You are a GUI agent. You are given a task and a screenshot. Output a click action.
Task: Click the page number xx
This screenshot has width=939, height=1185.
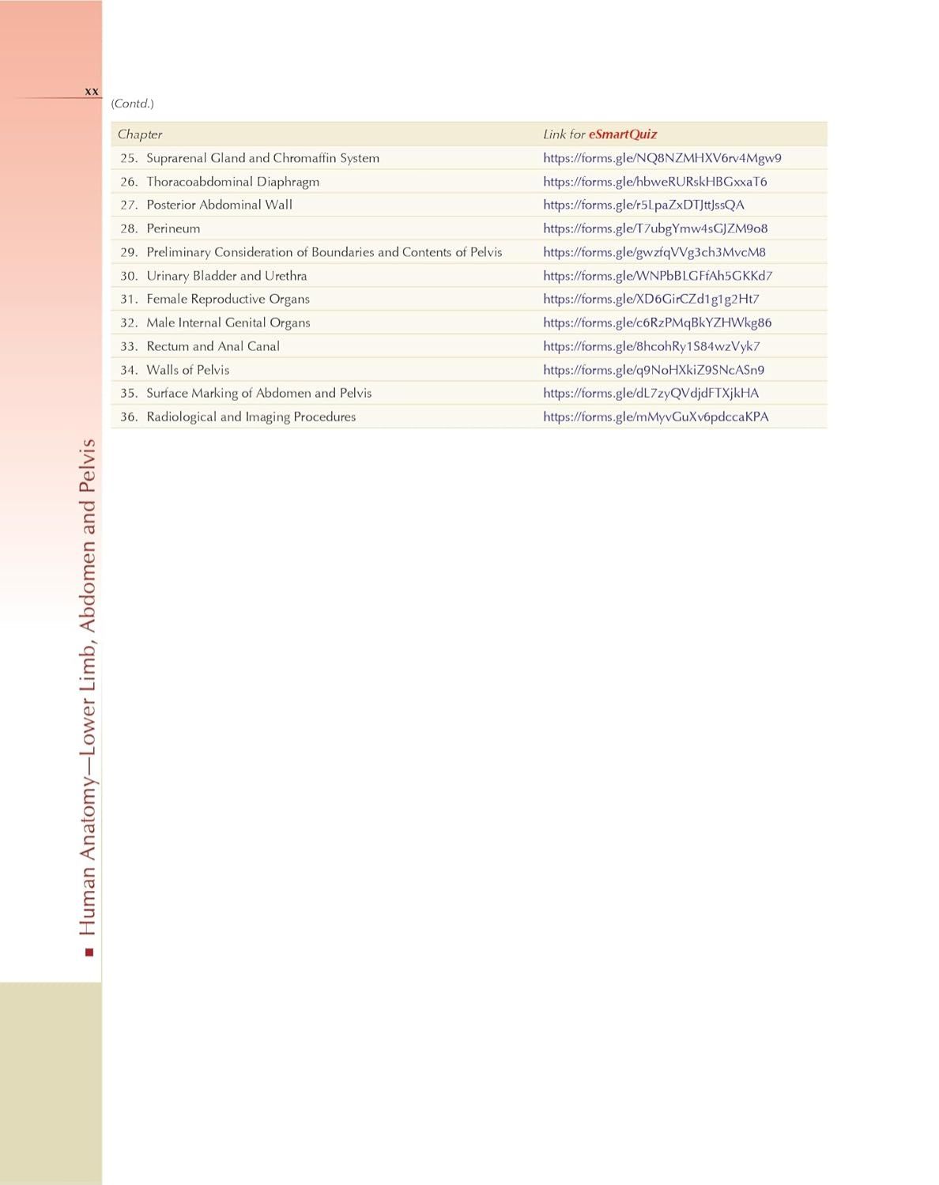click(x=92, y=92)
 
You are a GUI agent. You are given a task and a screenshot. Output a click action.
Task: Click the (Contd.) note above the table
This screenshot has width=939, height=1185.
click(x=132, y=104)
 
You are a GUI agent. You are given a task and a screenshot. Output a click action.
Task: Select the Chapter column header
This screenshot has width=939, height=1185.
click(x=140, y=134)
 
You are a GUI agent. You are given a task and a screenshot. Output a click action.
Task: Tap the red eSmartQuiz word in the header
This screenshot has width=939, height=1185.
click(x=622, y=134)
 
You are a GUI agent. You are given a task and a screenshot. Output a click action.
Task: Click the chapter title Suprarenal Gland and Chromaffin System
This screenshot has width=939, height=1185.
click(x=262, y=158)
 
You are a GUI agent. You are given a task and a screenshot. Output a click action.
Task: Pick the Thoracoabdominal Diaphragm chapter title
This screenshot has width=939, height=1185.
click(x=232, y=182)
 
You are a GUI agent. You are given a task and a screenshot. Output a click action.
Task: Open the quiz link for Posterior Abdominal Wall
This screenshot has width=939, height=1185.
click(x=643, y=205)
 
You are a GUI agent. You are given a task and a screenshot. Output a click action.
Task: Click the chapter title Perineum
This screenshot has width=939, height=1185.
click(x=173, y=228)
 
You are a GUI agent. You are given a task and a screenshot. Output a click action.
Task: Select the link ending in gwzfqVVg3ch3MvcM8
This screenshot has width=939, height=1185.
click(x=654, y=252)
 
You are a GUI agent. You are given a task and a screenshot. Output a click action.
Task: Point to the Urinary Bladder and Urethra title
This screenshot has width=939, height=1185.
click(x=226, y=276)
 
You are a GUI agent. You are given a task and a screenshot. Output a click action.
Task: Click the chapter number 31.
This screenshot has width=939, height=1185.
click(x=129, y=299)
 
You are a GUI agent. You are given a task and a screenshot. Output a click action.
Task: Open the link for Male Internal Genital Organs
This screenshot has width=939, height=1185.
click(x=657, y=323)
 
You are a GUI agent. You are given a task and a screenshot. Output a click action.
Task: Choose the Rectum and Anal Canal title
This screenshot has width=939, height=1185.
click(x=213, y=346)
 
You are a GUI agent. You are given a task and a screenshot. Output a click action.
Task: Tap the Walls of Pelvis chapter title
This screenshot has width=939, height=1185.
click(x=187, y=370)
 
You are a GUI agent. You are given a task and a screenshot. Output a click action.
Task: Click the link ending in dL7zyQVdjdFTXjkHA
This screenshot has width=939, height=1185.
click(x=651, y=393)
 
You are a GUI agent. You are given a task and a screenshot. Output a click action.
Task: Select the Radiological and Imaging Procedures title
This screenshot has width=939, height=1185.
click(x=251, y=417)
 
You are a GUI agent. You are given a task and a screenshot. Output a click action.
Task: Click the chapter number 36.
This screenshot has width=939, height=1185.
click(x=129, y=417)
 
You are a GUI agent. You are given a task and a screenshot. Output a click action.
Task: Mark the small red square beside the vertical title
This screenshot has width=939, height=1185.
click(x=89, y=953)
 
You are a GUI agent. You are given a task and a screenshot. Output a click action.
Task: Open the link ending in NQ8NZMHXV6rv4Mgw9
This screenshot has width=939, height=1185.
click(x=662, y=158)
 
